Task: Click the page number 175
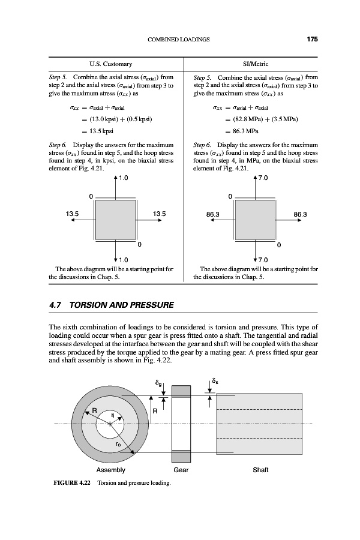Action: (311, 40)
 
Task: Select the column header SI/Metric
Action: (256, 64)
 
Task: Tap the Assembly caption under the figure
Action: (110, 470)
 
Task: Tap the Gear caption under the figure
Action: (181, 470)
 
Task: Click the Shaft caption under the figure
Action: (260, 470)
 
